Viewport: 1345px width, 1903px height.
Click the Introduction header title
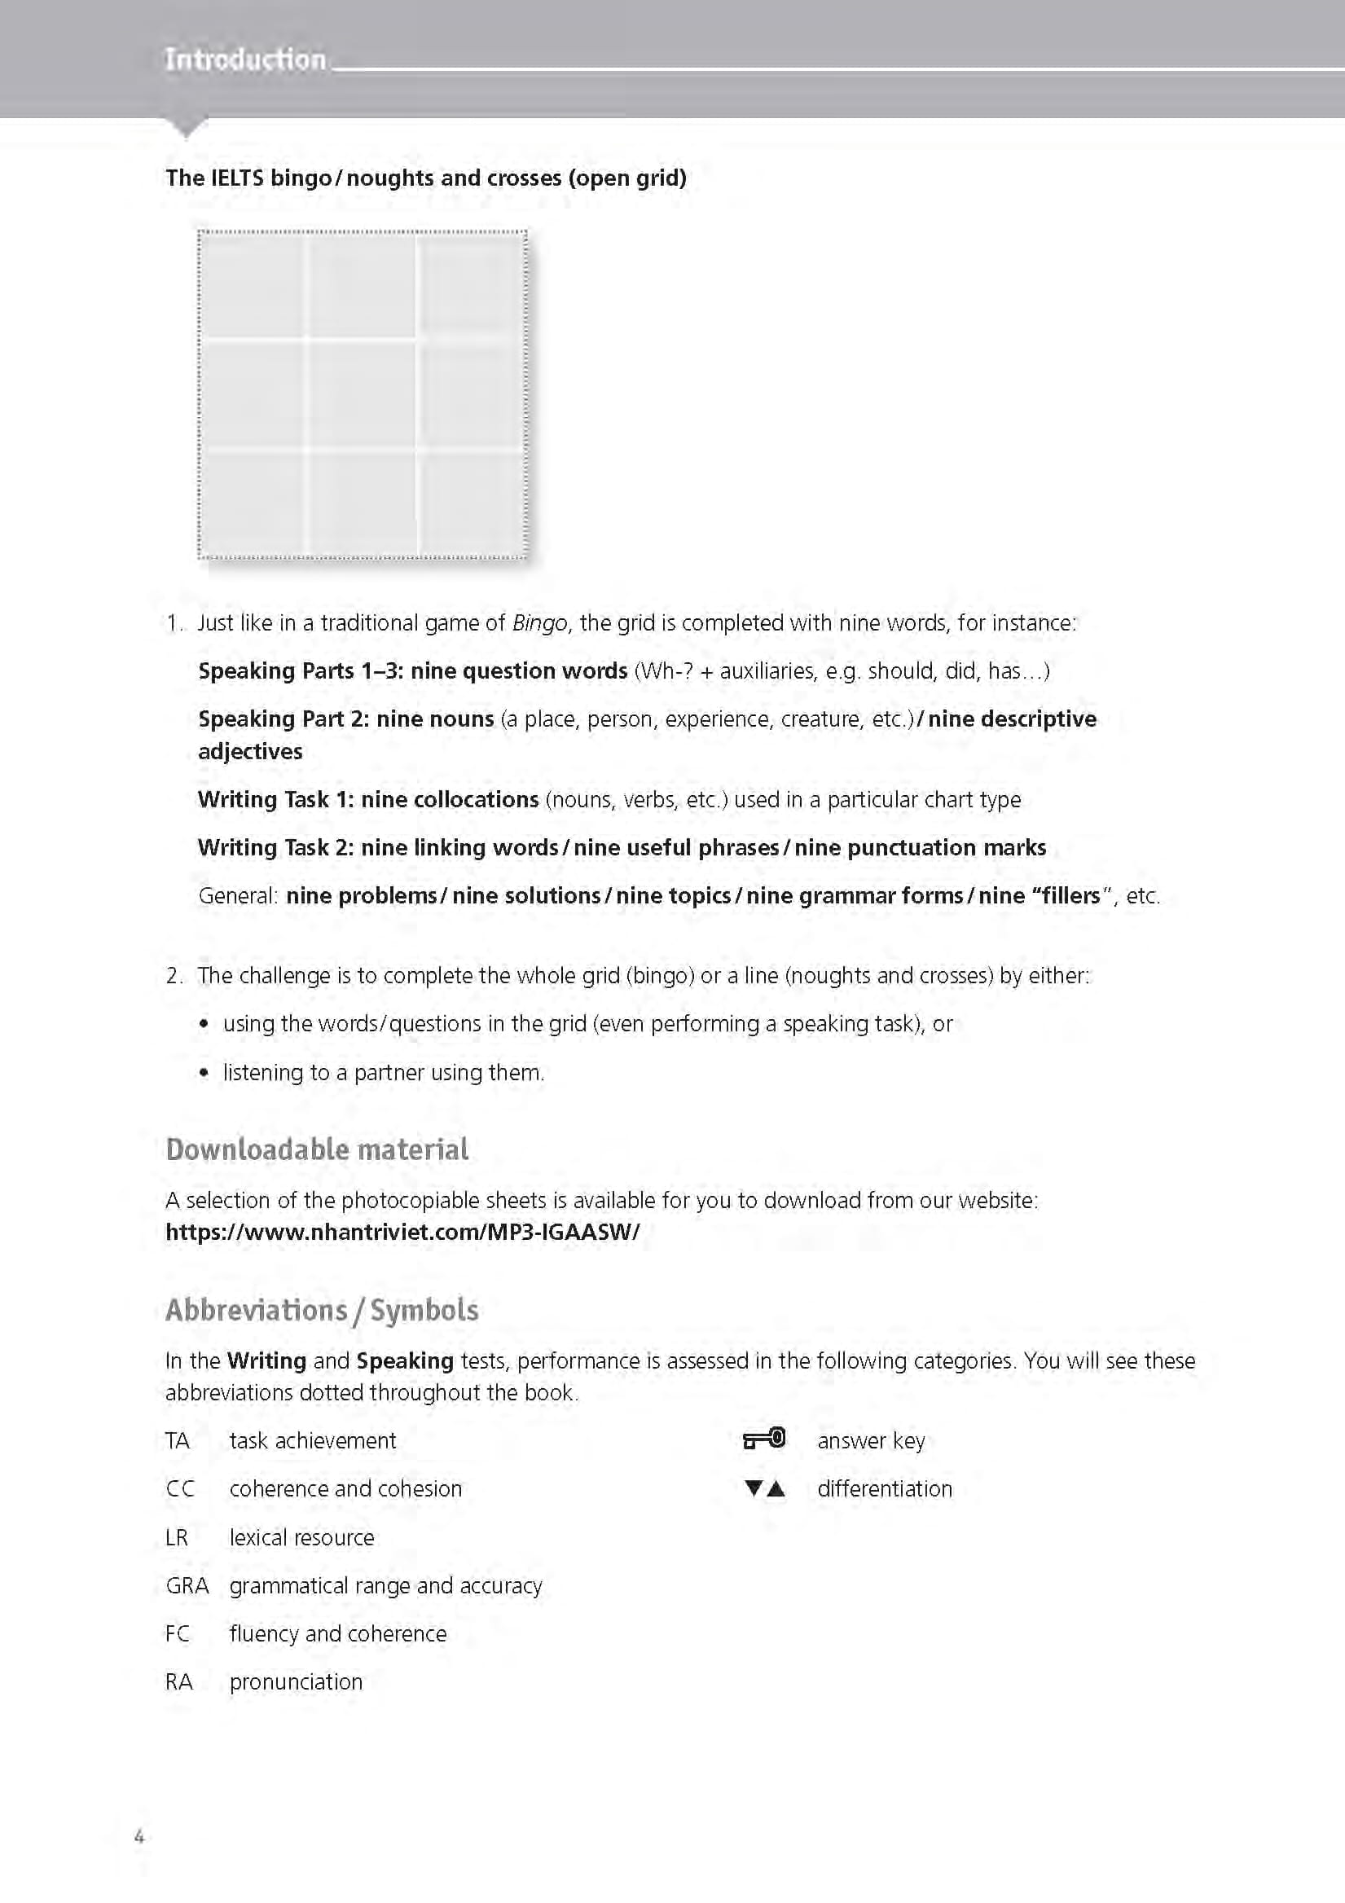pyautogui.click(x=245, y=59)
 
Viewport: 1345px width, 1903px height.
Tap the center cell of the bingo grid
pyautogui.click(x=363, y=394)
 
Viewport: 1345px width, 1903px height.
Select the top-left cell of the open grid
pyautogui.click(x=252, y=286)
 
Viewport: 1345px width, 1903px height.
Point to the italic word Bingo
pyautogui.click(x=539, y=623)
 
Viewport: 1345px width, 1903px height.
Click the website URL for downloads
pyautogui.click(x=402, y=1232)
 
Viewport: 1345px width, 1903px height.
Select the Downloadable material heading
pyautogui.click(x=317, y=1150)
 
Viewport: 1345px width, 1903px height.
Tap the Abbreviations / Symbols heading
pyautogui.click(x=322, y=1311)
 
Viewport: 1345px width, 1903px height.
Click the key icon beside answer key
pyautogui.click(x=763, y=1439)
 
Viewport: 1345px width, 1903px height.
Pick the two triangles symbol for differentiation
pyautogui.click(x=764, y=1488)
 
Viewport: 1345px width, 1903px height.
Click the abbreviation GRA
pyautogui.click(x=187, y=1585)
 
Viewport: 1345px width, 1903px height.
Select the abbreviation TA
pyautogui.click(x=178, y=1440)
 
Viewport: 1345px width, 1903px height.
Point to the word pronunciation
pyautogui.click(x=296, y=1681)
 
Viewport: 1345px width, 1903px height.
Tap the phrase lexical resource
pyautogui.click(x=301, y=1537)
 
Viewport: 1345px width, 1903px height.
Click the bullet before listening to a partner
pyautogui.click(x=204, y=1074)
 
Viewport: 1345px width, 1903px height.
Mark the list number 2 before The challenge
pyautogui.click(x=173, y=976)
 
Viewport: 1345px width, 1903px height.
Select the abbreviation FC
pyautogui.click(x=178, y=1633)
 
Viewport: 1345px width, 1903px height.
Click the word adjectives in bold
pyautogui.click(x=250, y=752)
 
